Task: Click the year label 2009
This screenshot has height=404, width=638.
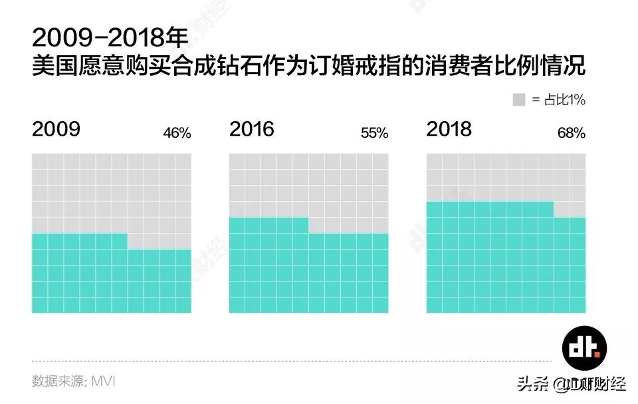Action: coord(56,128)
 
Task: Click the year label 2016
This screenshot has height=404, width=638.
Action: coord(252,128)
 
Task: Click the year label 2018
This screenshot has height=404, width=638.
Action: coord(449,128)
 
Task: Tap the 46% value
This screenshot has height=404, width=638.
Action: coord(177,133)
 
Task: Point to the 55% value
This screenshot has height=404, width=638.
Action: coord(374,133)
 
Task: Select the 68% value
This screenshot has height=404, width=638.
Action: coord(572,133)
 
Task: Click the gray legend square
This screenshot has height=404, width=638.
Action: coord(519,100)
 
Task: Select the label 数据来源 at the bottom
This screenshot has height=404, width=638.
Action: coord(56,381)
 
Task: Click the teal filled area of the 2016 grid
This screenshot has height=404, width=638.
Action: coord(309,273)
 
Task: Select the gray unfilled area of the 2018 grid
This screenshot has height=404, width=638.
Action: coord(506,176)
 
